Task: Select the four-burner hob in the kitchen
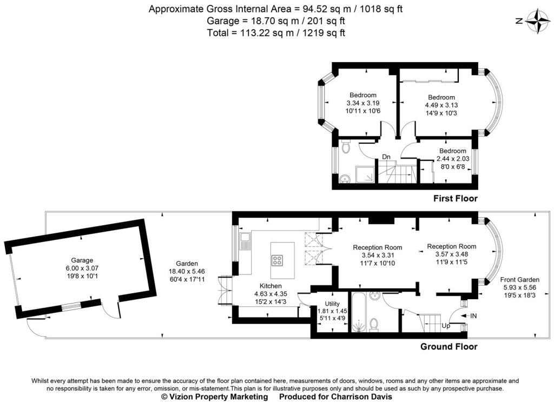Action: (x=277, y=260)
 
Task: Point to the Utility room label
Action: (x=332, y=304)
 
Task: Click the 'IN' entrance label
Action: (x=473, y=315)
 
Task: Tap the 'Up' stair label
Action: (x=445, y=326)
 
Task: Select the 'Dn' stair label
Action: (x=386, y=157)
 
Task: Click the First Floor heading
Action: (x=456, y=199)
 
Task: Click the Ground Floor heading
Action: (x=449, y=347)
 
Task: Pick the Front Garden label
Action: (x=519, y=280)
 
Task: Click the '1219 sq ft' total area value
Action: (x=326, y=33)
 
